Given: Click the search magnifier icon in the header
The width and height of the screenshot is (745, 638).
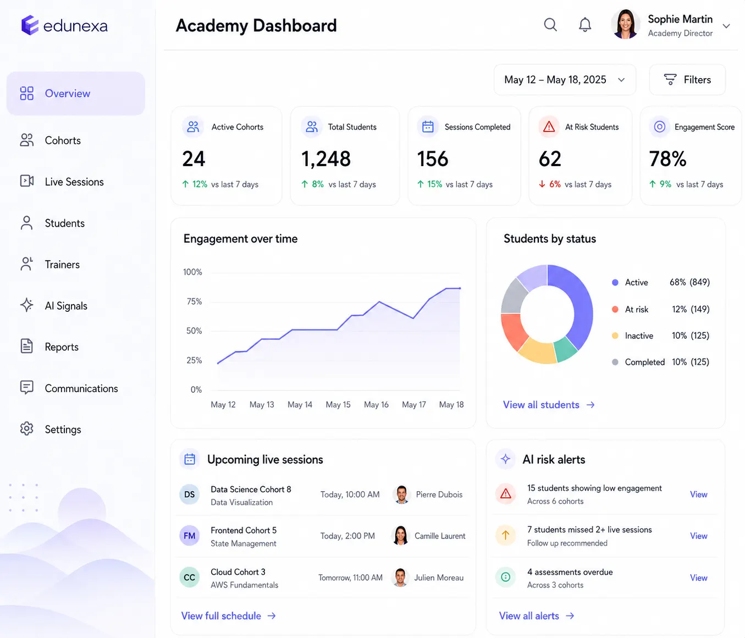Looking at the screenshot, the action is (550, 25).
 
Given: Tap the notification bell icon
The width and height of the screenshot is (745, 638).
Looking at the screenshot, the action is (584, 25).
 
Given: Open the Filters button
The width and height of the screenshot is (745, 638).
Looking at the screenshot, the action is (687, 79).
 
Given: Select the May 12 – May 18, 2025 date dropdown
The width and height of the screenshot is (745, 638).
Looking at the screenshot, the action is (565, 79).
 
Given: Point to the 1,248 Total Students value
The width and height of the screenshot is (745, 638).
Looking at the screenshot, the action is (325, 159).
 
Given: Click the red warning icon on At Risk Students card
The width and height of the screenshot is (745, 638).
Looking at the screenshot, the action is (549, 127).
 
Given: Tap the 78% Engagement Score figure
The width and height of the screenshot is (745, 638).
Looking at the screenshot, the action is (667, 159).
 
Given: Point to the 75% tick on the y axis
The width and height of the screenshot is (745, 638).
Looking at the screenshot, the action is (194, 301).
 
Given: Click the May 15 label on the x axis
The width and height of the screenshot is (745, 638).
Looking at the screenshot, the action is (338, 404).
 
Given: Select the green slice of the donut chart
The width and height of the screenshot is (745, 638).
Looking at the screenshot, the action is (565, 348).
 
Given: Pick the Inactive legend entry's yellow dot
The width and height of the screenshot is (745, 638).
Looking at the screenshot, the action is (615, 335).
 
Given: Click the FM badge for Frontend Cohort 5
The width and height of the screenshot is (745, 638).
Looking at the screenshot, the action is (189, 536).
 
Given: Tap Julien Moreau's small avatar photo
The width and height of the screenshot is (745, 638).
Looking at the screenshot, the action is (400, 577).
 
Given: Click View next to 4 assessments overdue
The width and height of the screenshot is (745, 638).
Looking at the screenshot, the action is (698, 577).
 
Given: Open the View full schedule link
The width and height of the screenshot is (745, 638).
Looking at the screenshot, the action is (228, 615).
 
